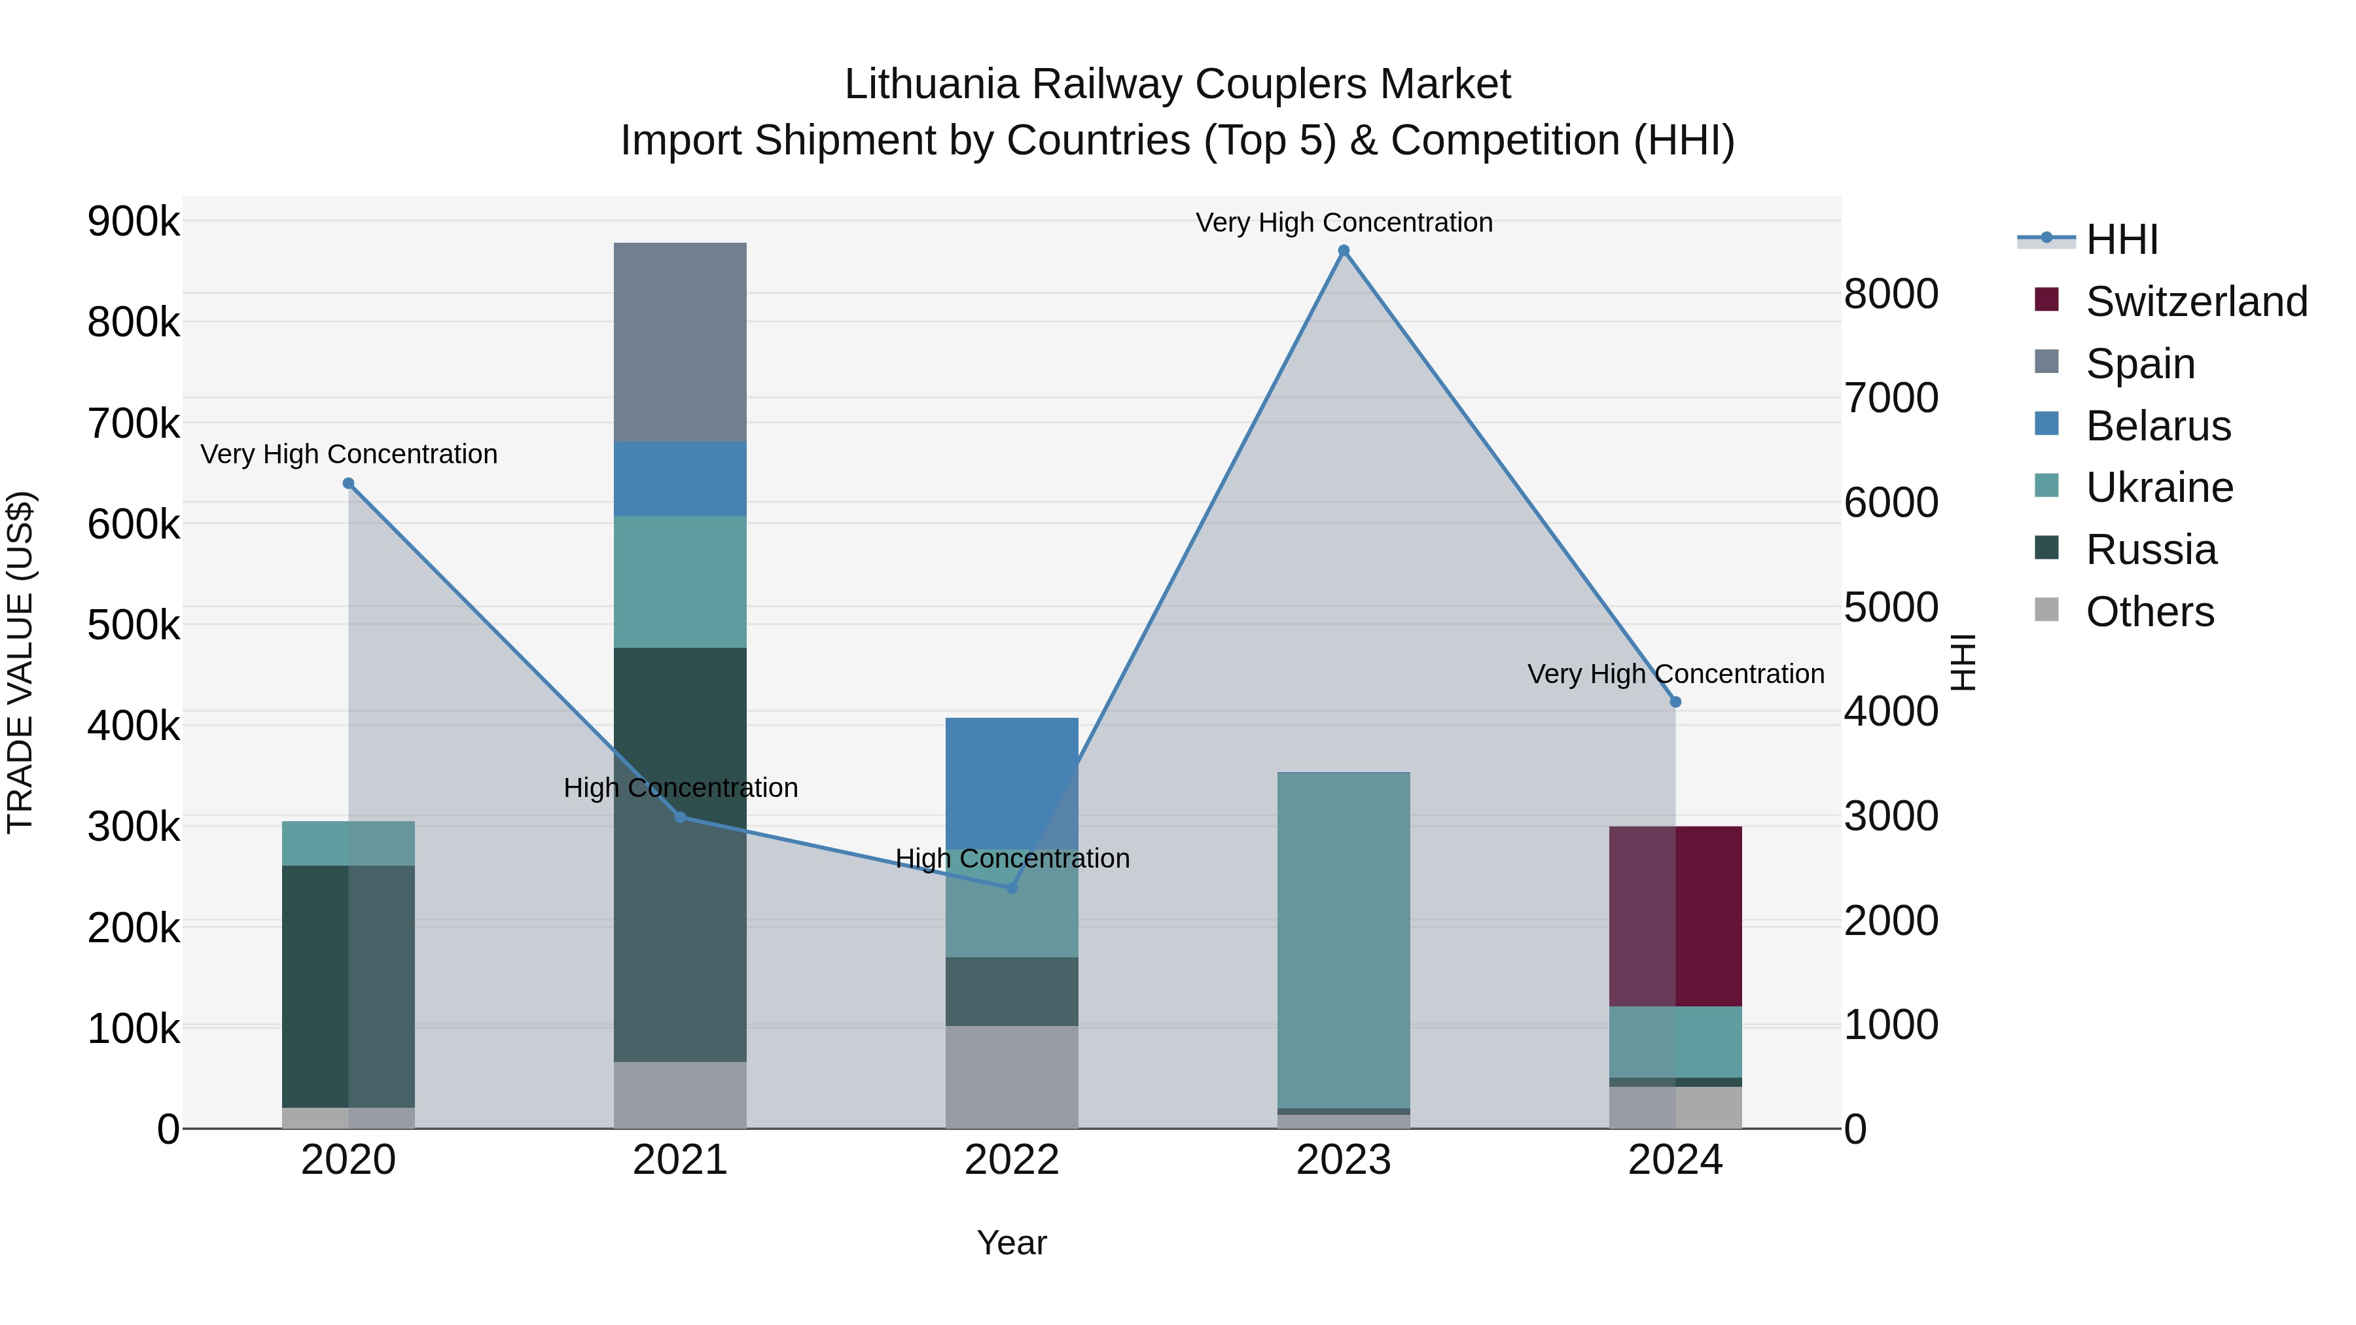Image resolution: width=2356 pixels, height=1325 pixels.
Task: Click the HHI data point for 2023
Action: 1344,251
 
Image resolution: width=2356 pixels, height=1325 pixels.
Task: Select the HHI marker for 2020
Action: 348,484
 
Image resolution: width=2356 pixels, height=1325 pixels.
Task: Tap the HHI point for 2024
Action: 1675,702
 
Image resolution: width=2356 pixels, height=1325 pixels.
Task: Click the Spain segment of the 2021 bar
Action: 679,342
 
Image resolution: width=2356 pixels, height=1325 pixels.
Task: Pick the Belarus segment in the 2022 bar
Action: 1012,783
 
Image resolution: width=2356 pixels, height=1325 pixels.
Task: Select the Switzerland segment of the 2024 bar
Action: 1675,916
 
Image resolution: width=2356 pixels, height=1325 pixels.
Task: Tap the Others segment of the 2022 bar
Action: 1012,1076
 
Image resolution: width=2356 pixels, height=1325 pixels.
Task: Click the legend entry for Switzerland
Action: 2196,302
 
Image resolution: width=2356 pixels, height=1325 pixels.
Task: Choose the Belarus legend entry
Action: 2158,426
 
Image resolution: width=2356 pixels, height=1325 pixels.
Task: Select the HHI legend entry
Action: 2121,239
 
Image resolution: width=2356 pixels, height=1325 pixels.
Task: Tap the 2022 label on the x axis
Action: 1012,1160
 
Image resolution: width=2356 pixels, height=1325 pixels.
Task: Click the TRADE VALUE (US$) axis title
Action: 21,662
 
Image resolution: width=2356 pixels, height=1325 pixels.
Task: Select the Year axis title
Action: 1012,1243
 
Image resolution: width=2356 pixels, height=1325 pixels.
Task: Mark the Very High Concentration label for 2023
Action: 1344,222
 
